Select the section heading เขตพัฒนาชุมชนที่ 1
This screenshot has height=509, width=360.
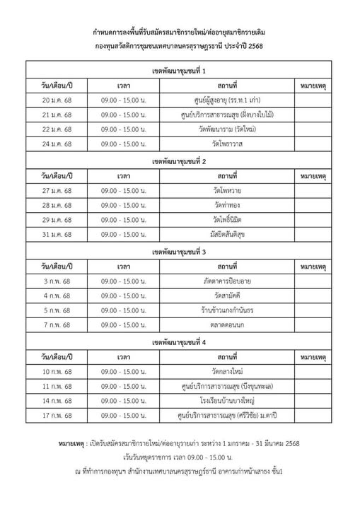click(179, 71)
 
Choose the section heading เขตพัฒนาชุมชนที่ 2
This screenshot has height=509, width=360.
click(179, 161)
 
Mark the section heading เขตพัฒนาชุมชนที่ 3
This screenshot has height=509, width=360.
click(179, 252)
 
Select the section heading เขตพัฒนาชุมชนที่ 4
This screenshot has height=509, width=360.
click(179, 342)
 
